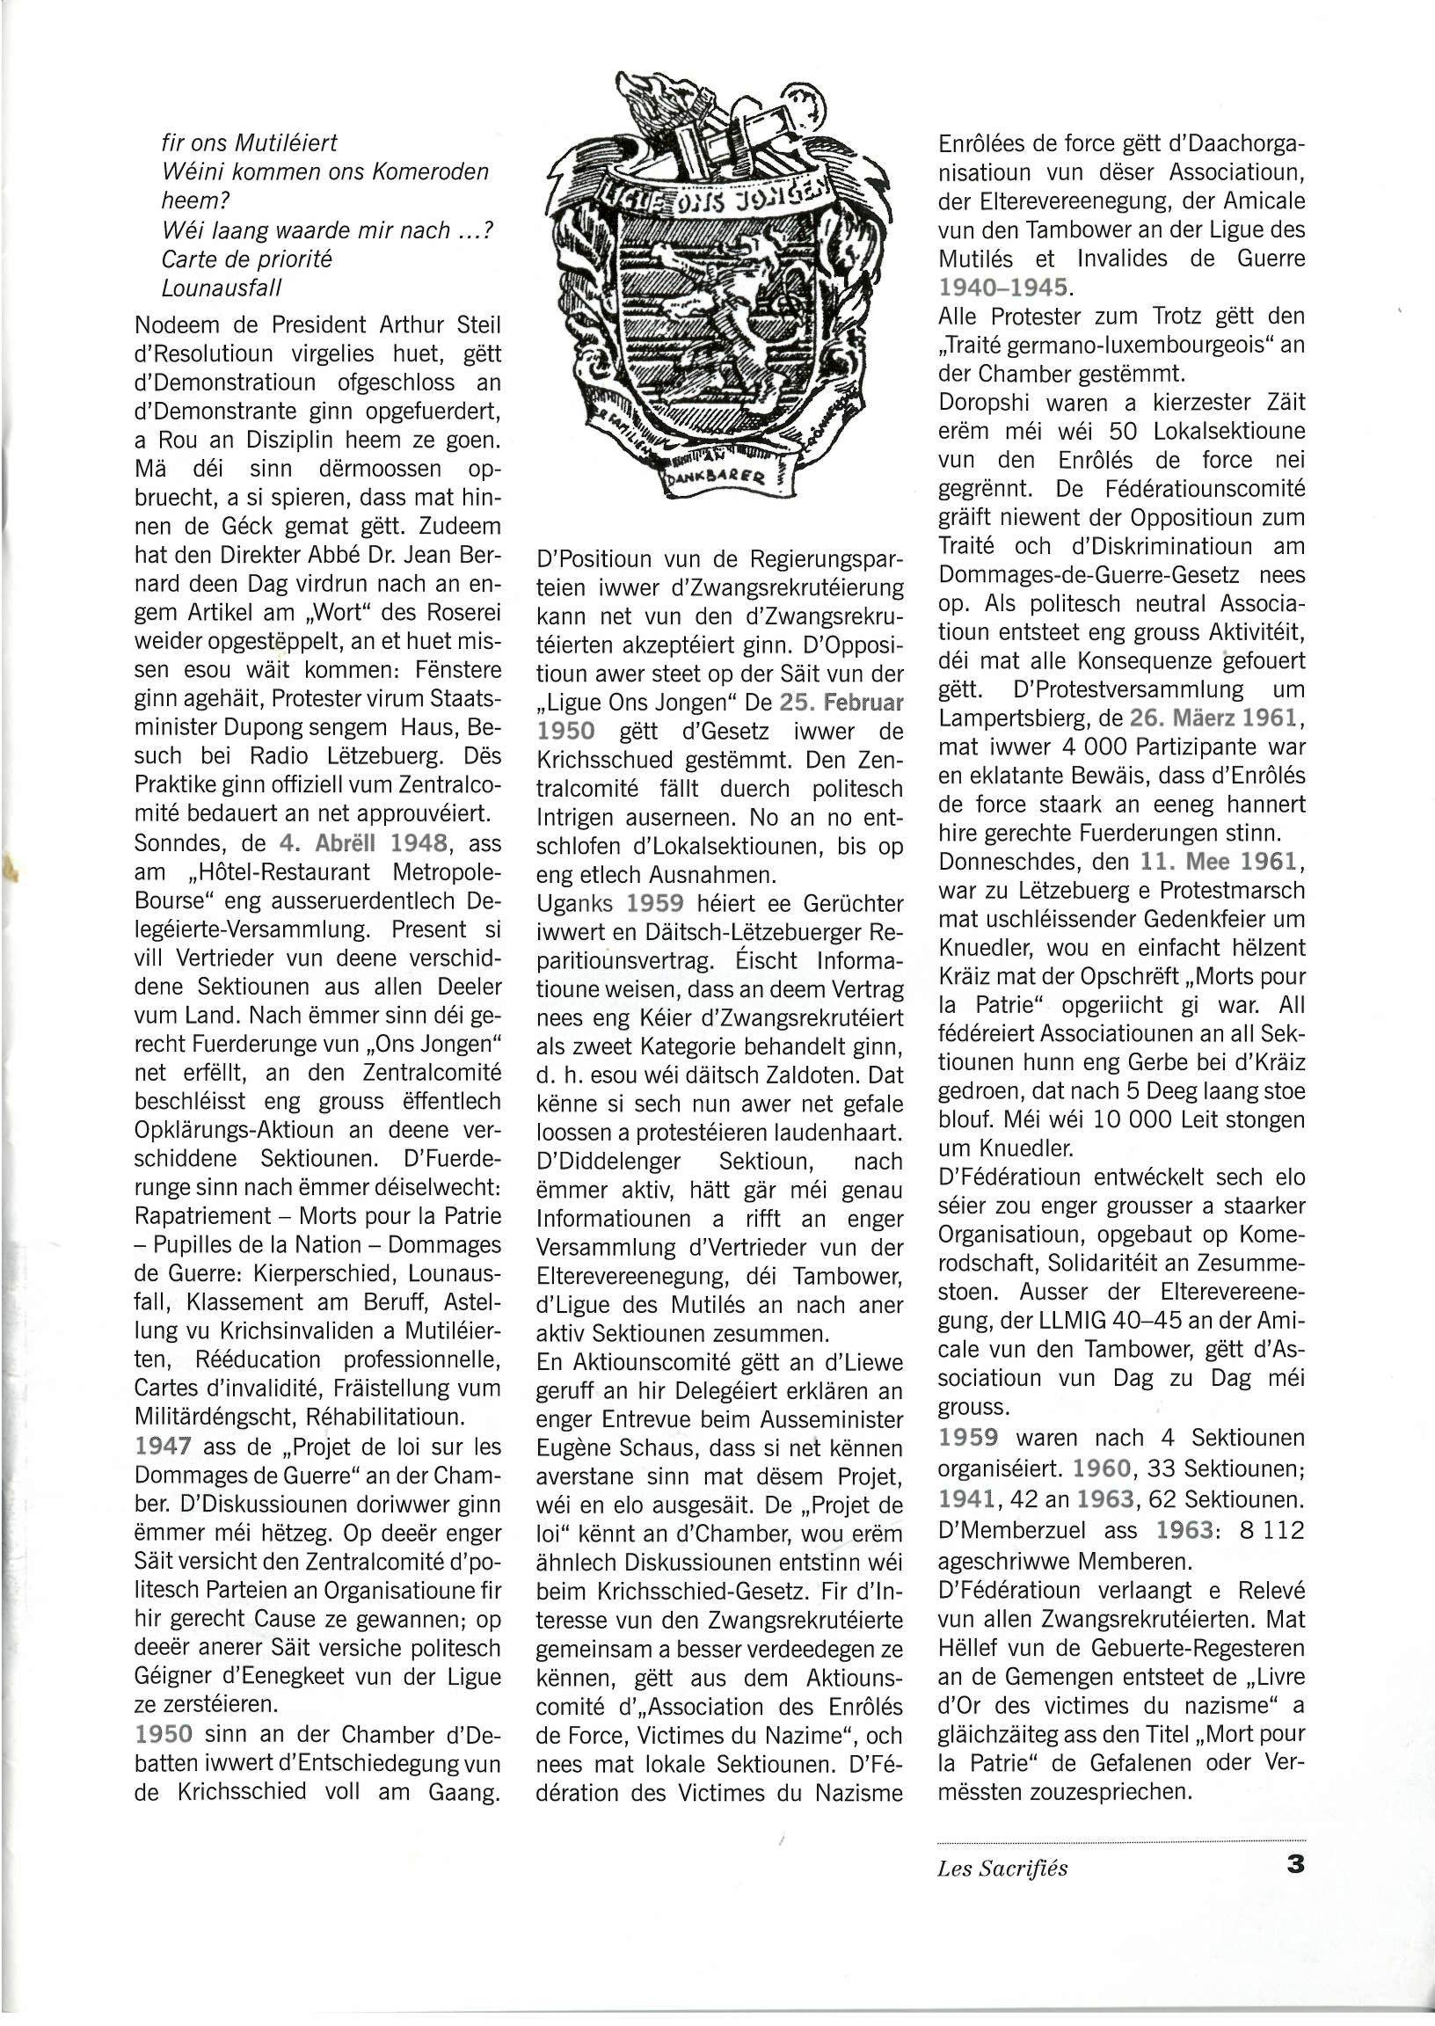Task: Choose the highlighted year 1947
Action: click(x=164, y=1447)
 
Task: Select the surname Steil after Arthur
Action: click(x=477, y=324)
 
